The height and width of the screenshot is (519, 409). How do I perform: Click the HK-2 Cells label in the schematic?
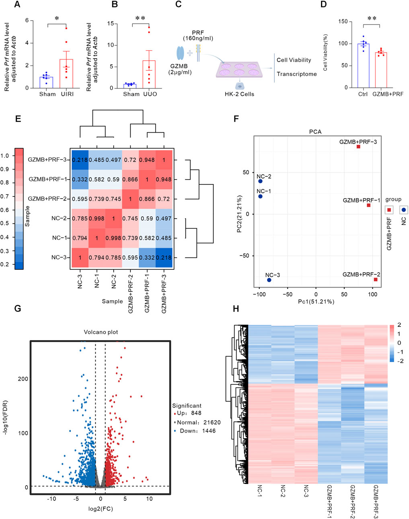[x=239, y=94]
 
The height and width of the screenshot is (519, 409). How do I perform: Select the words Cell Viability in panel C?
[x=294, y=60]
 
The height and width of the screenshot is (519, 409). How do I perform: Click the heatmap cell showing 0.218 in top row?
[x=80, y=160]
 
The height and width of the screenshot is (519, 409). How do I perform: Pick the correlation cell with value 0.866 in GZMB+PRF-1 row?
[x=130, y=180]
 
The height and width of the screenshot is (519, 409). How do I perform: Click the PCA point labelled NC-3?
[x=269, y=280]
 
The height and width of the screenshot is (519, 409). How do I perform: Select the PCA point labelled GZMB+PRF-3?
[x=358, y=147]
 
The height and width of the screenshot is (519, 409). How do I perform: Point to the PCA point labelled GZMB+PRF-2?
[x=376, y=279]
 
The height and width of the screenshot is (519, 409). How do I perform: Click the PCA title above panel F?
[x=316, y=131]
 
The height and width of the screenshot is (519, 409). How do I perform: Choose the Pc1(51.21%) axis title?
[x=316, y=302]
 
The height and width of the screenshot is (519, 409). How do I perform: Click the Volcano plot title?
[x=101, y=332]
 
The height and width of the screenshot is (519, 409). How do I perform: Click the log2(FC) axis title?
[x=101, y=509]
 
